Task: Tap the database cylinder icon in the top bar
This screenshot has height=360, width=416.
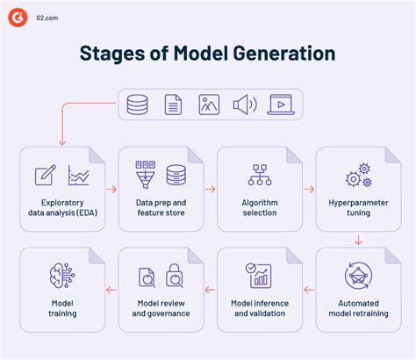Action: [x=138, y=104]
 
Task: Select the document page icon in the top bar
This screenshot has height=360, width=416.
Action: [x=174, y=104]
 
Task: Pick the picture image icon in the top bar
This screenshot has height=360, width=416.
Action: [x=209, y=104]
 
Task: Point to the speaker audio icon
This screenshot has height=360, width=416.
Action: [x=244, y=104]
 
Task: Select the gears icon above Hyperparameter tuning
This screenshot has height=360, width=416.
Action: [x=358, y=174]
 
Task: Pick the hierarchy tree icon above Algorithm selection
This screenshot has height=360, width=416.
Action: [x=259, y=175]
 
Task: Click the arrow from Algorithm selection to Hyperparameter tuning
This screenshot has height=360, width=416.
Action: [x=309, y=188]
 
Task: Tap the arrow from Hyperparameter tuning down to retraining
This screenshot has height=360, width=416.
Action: [x=358, y=239]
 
